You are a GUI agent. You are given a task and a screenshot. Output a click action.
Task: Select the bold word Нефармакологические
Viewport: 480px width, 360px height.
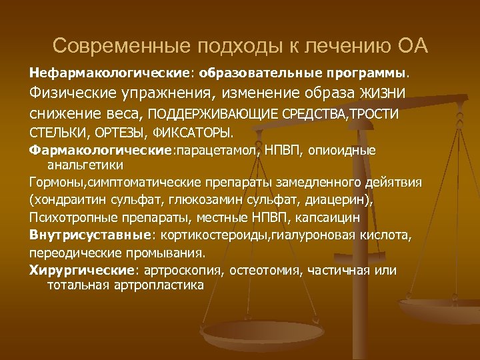click(x=87, y=70)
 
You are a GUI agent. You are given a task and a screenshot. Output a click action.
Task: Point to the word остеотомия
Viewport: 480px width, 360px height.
click(x=259, y=269)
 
